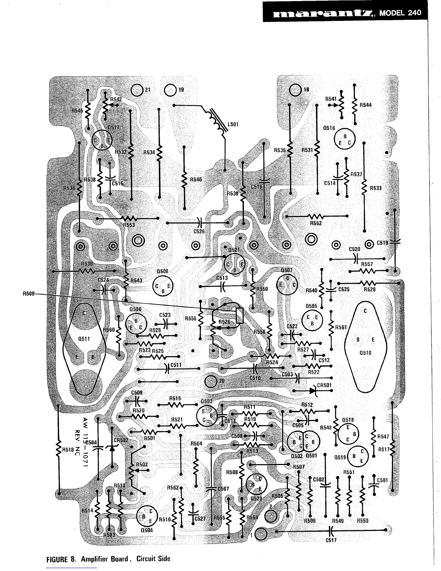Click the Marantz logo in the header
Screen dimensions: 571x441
coord(323,14)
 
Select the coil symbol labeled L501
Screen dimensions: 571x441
coord(215,119)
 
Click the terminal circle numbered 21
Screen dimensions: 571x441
coord(137,90)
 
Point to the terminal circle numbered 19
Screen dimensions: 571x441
coord(170,90)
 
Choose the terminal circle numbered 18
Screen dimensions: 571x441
coord(295,90)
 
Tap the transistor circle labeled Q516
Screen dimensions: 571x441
coord(345,139)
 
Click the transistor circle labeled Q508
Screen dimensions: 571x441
coord(163,286)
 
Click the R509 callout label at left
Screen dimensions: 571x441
coord(28,294)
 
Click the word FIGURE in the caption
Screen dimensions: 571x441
coord(59,559)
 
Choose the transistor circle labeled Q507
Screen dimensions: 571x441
coord(288,284)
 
